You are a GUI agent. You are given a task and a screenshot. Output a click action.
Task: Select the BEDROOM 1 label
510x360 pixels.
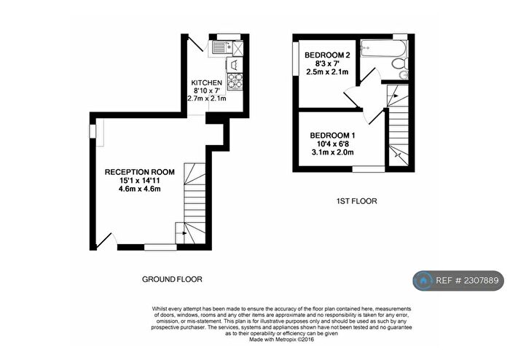[333, 136]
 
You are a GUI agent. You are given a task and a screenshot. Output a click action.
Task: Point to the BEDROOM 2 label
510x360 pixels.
[327, 55]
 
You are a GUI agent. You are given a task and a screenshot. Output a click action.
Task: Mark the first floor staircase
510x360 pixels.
[396, 124]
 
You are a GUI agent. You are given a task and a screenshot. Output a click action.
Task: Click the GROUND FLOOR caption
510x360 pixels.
[173, 279]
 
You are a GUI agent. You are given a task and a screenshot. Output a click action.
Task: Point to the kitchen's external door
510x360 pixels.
[195, 42]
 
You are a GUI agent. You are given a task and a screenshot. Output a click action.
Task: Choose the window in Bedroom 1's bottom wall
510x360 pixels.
[369, 169]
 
